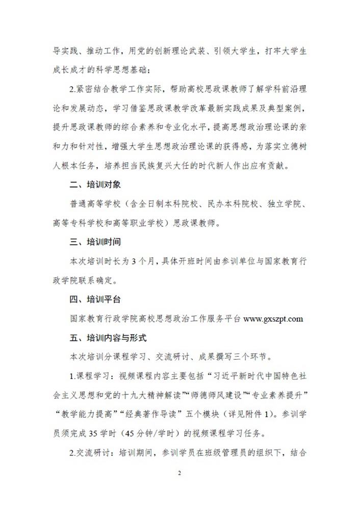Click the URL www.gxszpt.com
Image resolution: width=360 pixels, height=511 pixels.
273,319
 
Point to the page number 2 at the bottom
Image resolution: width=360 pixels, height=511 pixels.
179,473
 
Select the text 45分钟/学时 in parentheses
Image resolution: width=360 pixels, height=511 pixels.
134,434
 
